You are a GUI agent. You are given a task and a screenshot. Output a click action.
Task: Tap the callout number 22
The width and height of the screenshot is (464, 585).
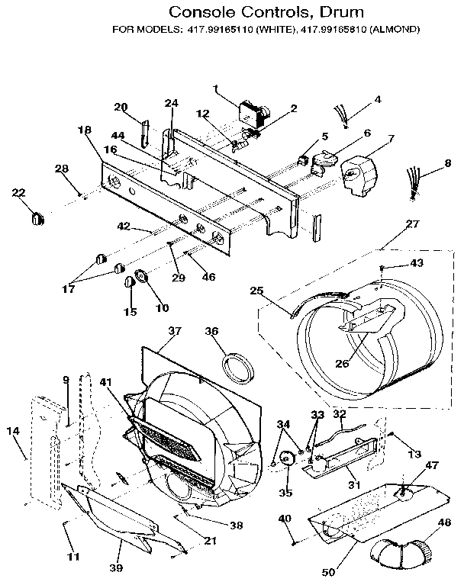point(19,193)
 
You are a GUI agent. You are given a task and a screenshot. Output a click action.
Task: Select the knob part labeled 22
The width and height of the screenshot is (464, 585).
point(35,217)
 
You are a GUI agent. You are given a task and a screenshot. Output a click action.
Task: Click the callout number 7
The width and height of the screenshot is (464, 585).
point(391,139)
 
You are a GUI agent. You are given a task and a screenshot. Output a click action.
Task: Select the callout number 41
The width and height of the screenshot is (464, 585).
point(105,382)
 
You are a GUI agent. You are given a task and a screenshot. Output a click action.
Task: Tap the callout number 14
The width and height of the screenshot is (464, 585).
point(12,432)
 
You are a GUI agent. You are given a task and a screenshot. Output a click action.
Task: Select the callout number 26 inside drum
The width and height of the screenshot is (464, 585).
point(342,363)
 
